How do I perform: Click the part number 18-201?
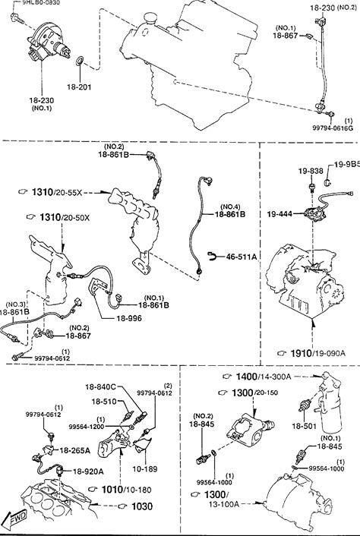coord(79,87)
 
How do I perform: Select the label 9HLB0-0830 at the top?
coord(41,2)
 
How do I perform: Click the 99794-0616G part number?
coord(333,128)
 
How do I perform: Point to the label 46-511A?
coord(242,257)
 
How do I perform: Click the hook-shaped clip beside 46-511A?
coord(213,256)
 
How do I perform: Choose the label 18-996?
coord(129,318)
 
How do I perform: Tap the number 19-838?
coord(311,171)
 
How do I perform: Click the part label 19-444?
coord(279,214)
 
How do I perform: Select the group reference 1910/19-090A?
coord(317,353)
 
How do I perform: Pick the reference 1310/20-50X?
coord(65,217)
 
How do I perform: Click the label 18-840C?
coord(100,387)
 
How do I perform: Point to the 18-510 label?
coord(104,402)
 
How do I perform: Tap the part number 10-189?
coord(145,469)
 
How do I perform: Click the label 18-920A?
coord(88,471)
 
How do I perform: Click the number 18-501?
coord(304,426)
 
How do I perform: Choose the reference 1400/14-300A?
coord(264,377)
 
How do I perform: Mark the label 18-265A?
coord(75,450)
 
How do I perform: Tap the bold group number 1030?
coord(141,506)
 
